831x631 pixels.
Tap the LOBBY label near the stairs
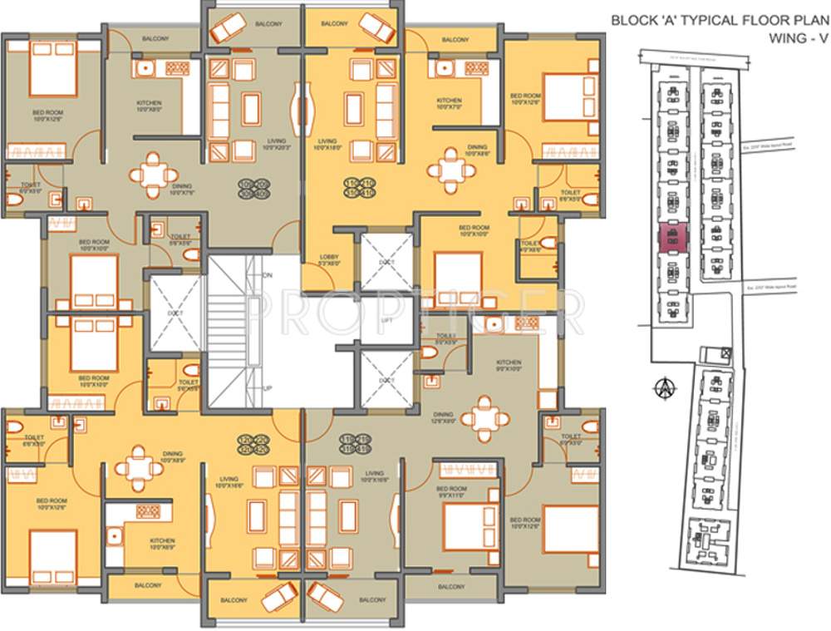coord(329,261)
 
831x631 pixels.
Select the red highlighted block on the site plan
coord(672,238)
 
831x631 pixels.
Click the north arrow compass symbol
coord(663,387)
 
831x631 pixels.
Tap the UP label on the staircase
coord(268,389)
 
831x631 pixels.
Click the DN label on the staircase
coord(268,274)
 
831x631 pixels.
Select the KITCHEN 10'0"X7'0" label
coord(449,103)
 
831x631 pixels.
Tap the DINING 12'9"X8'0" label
coord(443,417)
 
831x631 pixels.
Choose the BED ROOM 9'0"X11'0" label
coord(451,492)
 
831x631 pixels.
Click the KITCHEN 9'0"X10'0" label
coord(509,366)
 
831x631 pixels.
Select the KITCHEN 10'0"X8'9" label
coord(162,544)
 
